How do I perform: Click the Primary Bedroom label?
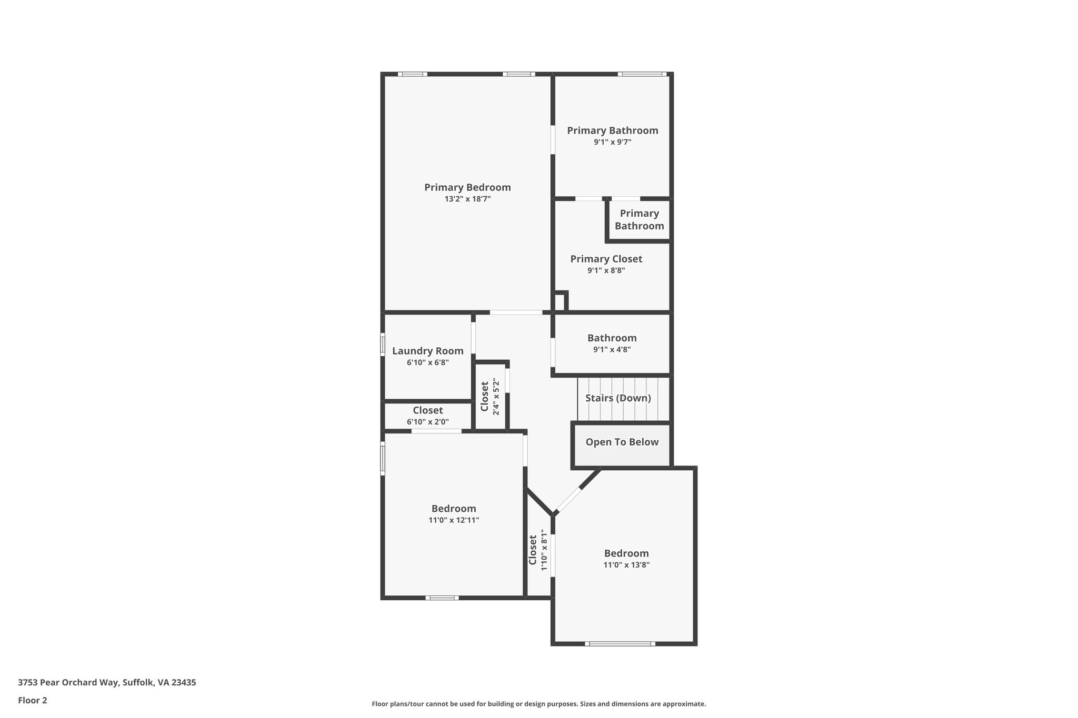[x=467, y=187]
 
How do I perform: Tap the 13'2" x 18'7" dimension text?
[x=467, y=199]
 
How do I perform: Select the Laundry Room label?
[x=427, y=351]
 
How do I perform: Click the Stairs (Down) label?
[x=618, y=398]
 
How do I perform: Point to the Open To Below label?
[x=622, y=442]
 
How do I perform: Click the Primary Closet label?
[x=606, y=259]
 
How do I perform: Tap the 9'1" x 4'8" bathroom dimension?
[x=612, y=350]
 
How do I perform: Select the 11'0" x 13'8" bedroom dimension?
[x=626, y=565]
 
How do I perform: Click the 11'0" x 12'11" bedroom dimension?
[x=453, y=520]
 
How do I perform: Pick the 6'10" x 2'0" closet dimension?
[x=427, y=422]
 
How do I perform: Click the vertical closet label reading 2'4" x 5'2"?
[x=485, y=397]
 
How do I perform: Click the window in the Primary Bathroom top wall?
[x=642, y=74]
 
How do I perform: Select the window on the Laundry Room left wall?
[x=383, y=345]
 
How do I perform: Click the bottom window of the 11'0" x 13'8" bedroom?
[x=620, y=643]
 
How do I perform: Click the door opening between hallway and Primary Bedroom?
[x=516, y=312]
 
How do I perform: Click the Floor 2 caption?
[x=33, y=700]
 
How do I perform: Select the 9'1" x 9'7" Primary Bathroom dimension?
[x=612, y=142]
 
